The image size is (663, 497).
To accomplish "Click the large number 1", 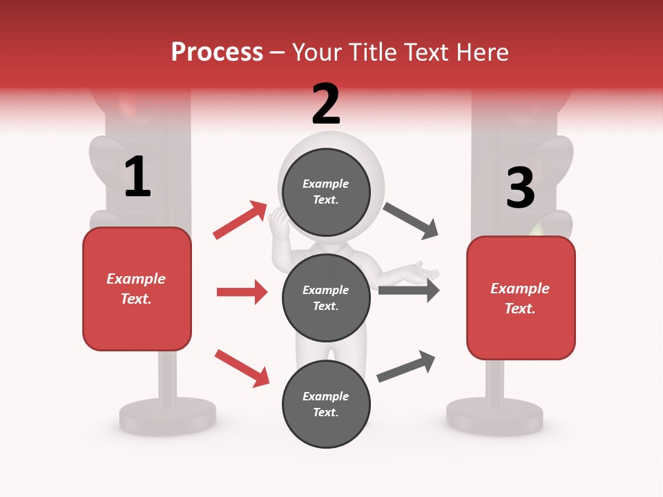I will (x=137, y=177).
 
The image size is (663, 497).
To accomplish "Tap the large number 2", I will (x=326, y=104).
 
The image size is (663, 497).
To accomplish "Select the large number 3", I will (x=520, y=188).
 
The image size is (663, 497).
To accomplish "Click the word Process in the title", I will (x=217, y=52).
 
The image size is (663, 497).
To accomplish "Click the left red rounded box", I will (x=137, y=289).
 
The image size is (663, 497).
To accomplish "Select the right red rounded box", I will (x=521, y=298).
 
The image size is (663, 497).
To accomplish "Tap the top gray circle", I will (x=326, y=192).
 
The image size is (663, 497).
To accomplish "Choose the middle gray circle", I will (x=326, y=298).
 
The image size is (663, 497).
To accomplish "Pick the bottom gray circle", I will (x=326, y=405).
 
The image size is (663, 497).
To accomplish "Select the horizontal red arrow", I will (x=242, y=292).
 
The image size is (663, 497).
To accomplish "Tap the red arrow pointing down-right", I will (x=242, y=367).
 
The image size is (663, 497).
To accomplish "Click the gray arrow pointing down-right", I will (x=411, y=221).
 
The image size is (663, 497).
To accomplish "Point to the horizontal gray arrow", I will (x=408, y=291).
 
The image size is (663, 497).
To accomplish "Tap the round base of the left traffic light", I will (x=167, y=416).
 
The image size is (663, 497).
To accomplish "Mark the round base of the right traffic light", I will (x=494, y=416).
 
